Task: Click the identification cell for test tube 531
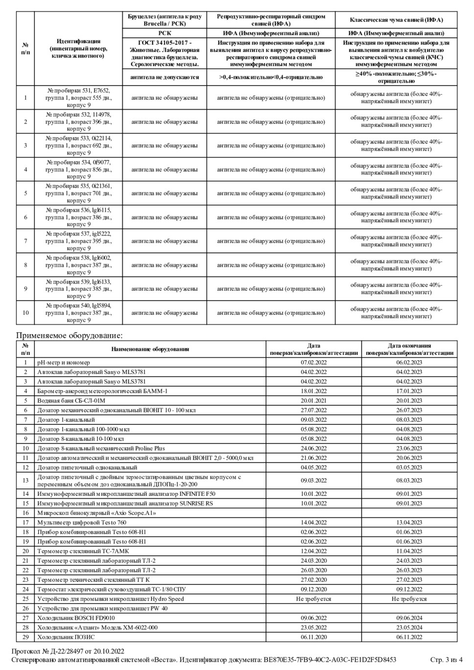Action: pyautogui.click(x=78, y=98)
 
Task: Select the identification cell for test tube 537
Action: pyautogui.click(x=78, y=241)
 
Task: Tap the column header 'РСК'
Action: pyautogui.click(x=165, y=33)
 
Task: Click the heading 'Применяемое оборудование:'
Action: pyautogui.click(x=69, y=335)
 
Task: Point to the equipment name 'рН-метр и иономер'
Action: pyautogui.click(x=64, y=363)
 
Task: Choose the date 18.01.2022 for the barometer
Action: pyautogui.click(x=313, y=391)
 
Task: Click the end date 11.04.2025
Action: pyautogui.click(x=409, y=551)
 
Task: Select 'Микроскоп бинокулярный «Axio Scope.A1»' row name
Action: pyautogui.click(x=96, y=513)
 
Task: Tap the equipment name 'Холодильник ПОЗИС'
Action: pyautogui.click(x=66, y=637)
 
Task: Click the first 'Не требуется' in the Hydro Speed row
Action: pyautogui.click(x=313, y=599)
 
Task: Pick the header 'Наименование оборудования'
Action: pyautogui.click(x=150, y=349)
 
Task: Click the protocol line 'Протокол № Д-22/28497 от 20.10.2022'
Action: pyautogui.click(x=68, y=651)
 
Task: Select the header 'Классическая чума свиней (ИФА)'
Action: pyautogui.click(x=396, y=20)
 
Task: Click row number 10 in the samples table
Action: pyautogui.click(x=25, y=313)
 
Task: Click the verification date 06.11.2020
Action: pyautogui.click(x=313, y=637)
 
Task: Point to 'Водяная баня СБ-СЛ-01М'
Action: pyautogui.click(x=71, y=400)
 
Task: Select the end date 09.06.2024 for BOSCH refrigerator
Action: pyautogui.click(x=409, y=618)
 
